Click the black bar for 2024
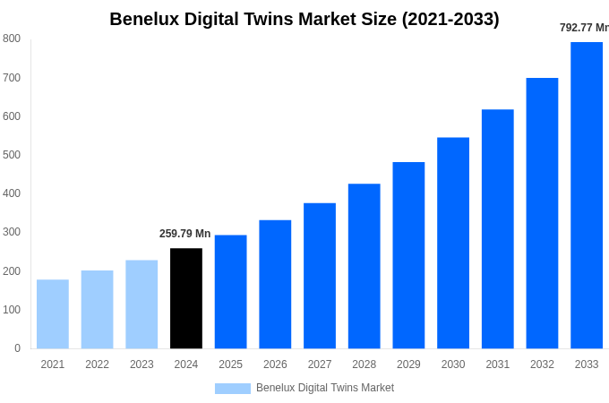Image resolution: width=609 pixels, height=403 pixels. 186,298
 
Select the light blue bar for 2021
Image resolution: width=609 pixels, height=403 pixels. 53,313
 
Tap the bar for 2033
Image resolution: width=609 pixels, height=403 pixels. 587,195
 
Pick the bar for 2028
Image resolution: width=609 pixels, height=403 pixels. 365,266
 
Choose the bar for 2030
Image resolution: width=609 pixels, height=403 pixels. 453,243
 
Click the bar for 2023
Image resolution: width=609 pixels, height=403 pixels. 142,304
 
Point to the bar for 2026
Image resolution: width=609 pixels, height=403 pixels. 275,284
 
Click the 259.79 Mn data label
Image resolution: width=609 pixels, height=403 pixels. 185,234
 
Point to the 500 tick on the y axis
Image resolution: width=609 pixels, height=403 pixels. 12,155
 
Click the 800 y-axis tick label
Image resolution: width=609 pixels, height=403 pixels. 12,39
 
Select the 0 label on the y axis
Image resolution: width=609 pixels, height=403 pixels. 17,348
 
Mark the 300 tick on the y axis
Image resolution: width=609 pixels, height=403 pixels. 12,232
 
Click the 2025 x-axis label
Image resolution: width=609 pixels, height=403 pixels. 231,364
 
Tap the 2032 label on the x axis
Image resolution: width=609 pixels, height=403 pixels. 542,364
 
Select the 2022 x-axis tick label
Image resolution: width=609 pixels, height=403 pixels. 98,364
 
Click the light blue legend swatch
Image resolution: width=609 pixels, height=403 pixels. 233,389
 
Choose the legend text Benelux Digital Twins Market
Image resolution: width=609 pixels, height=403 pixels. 325,388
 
